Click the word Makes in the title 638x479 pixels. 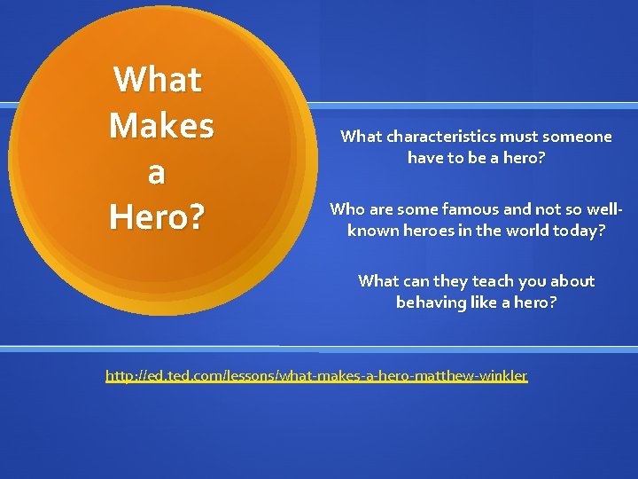tap(161, 125)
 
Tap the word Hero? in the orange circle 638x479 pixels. tap(156, 216)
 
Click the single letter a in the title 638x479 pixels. tap(156, 172)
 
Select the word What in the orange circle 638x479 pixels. tap(158, 80)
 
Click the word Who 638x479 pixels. tap(346, 210)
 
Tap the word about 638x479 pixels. tap(573, 281)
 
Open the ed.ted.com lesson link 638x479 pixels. tap(316, 376)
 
